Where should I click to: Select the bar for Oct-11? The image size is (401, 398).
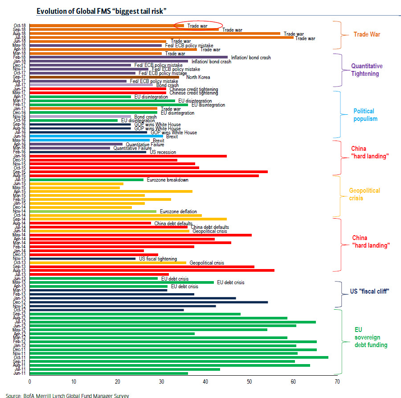pos(179,357)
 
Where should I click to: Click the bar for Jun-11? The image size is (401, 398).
pos(109,373)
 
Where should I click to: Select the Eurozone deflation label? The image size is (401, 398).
pos(178,211)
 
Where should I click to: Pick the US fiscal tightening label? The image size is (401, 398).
pos(158,259)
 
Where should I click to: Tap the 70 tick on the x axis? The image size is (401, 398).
pos(337,382)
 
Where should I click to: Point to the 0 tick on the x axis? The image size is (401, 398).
pos(29,382)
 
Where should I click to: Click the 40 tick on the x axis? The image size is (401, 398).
pos(205,382)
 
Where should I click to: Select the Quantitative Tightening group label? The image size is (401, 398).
pos(367,70)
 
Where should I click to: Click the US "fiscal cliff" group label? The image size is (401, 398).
pos(369,291)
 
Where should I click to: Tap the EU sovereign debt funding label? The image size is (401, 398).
pos(371,337)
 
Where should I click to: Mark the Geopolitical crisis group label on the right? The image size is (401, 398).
pos(364,194)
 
